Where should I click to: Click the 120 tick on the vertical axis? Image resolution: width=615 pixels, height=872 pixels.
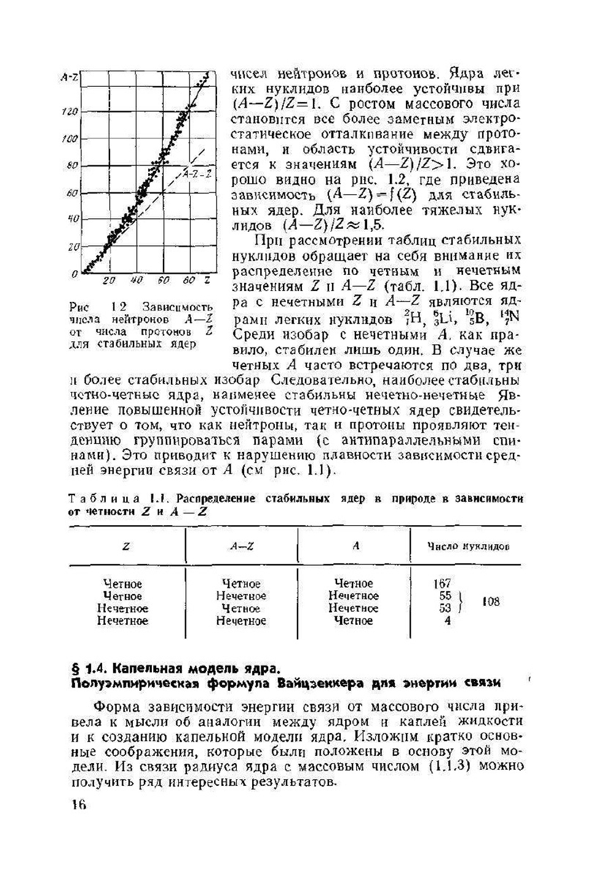[70, 111]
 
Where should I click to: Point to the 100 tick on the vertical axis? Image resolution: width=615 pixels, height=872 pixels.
[70, 139]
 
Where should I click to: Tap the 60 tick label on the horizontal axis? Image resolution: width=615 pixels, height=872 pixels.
[162, 280]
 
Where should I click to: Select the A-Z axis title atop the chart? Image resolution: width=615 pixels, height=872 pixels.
[69, 77]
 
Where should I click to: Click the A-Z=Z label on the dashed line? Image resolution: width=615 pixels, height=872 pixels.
[197, 174]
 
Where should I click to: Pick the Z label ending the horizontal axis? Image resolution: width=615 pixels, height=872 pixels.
[207, 280]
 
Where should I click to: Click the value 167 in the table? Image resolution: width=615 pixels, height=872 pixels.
[442, 583]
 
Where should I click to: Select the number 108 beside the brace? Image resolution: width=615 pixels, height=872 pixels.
[490, 601]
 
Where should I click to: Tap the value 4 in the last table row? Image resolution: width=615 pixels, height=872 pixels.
[447, 620]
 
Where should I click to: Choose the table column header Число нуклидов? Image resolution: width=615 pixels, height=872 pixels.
[468, 546]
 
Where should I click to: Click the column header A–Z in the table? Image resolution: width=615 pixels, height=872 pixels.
[242, 546]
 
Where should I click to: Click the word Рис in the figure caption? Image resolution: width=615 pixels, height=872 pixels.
[79, 306]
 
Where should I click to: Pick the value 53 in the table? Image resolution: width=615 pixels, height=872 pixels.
[445, 608]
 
